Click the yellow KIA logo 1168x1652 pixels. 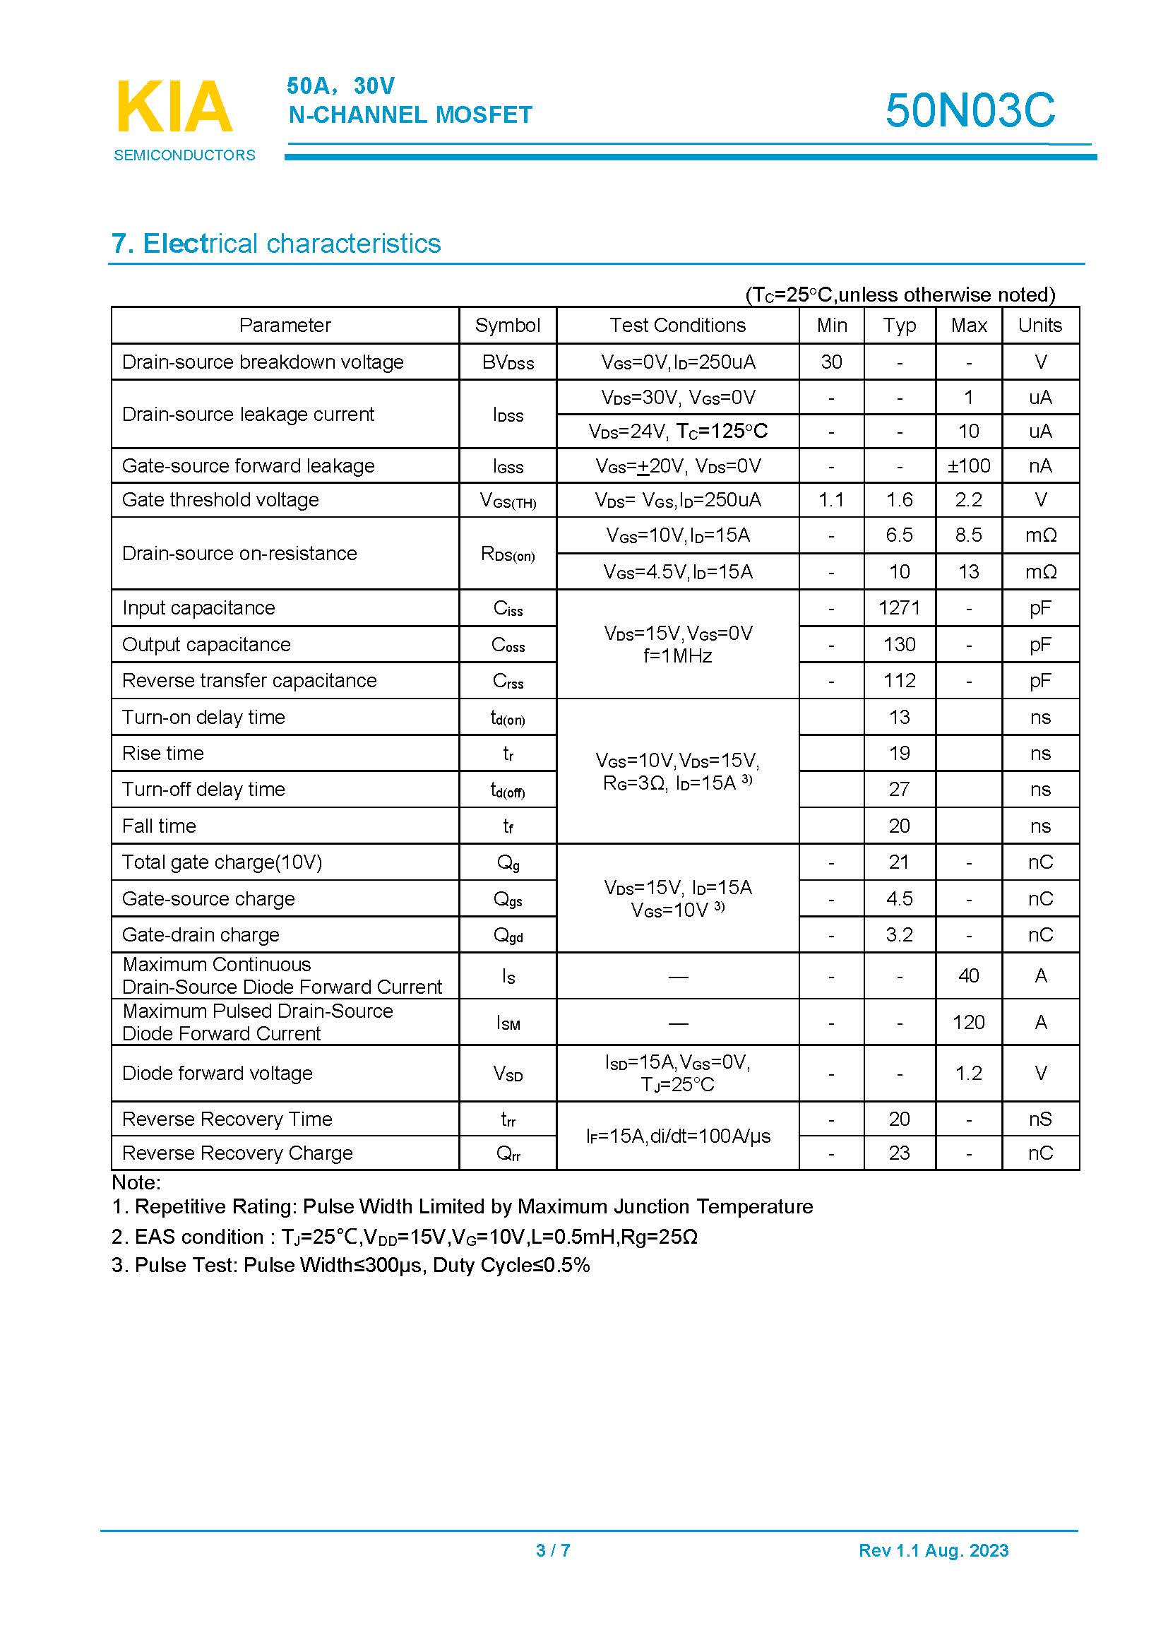coord(174,107)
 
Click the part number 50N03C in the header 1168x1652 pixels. coord(970,111)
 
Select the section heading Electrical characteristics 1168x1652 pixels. coord(276,244)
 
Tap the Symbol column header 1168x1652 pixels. coord(507,325)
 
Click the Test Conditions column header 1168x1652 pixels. coord(677,325)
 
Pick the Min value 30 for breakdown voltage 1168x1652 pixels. coord(831,362)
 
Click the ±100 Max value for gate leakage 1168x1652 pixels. coord(968,465)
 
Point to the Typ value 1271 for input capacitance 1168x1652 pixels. coord(899,608)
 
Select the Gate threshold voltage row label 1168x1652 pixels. coord(220,500)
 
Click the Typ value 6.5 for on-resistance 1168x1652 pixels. coord(899,535)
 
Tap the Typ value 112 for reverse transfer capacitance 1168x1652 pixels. coord(899,681)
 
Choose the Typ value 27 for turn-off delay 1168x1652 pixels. coord(899,790)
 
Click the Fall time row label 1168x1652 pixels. coord(159,826)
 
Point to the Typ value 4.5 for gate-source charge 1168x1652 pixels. coord(899,898)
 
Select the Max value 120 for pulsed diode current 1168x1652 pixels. coord(968,1023)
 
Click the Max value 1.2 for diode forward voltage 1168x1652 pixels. coord(968,1074)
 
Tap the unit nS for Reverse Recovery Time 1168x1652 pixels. coord(1040,1119)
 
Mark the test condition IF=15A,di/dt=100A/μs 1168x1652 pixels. coord(677,1136)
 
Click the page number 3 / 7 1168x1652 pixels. coord(553,1550)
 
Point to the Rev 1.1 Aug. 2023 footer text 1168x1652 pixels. coord(933,1550)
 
